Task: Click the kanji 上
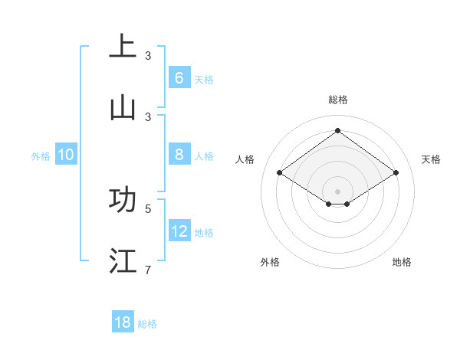[x=123, y=46]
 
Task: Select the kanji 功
[x=123, y=199]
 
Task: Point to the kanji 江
[x=123, y=260]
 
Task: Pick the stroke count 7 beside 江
[x=148, y=270]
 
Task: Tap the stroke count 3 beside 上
[x=148, y=55]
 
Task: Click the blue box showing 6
[x=179, y=77]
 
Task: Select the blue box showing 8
[x=179, y=155]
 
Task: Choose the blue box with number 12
[x=179, y=231]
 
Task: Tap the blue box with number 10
[x=66, y=155]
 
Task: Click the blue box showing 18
[x=123, y=322]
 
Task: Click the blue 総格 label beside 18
[x=147, y=324]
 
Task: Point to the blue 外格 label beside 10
[x=41, y=156]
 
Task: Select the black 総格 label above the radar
[x=338, y=100]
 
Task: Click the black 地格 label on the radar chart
[x=402, y=262]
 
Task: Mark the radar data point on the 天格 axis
[x=396, y=173]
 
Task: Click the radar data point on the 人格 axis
[x=280, y=173]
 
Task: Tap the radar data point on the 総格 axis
[x=338, y=130]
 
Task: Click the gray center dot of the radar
[x=338, y=191]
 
